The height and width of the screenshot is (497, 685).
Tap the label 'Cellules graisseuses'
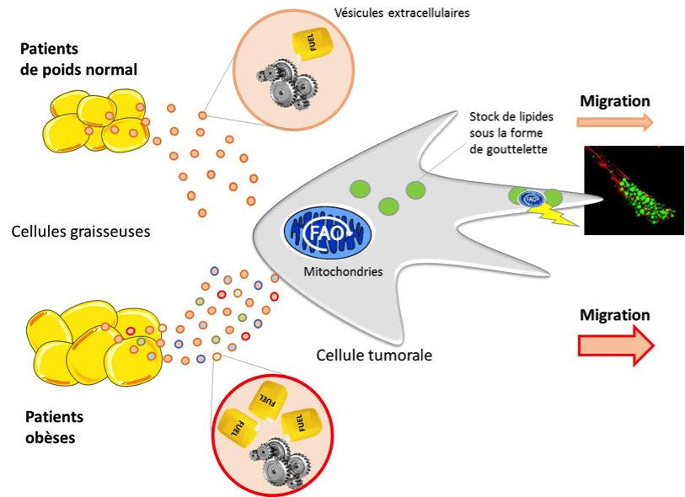82,231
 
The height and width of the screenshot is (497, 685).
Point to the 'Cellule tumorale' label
374,355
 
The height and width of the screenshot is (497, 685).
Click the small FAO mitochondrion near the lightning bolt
531,198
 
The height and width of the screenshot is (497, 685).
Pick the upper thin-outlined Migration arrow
615,122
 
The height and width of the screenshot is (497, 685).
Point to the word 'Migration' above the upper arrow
615,101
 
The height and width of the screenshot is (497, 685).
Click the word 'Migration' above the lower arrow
615,315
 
